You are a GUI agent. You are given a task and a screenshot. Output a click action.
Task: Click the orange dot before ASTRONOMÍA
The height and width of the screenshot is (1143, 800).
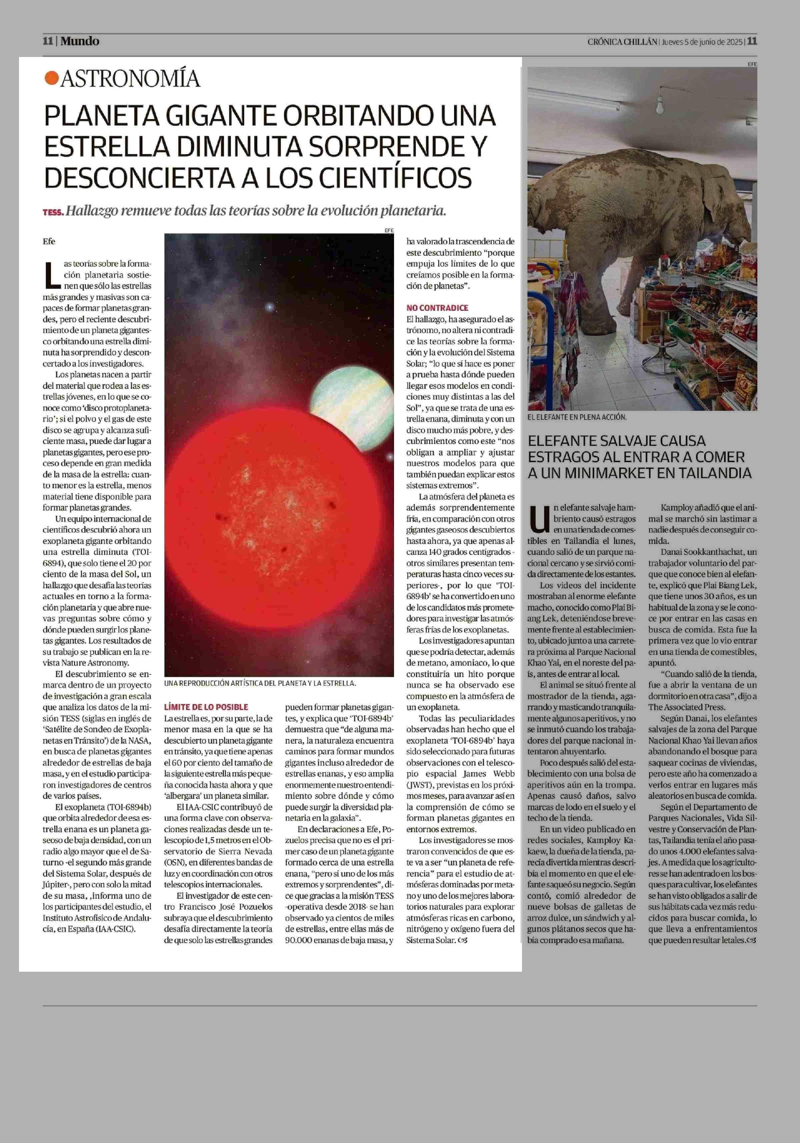(x=51, y=78)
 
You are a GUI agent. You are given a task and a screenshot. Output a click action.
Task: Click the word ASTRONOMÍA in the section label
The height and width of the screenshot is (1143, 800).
(x=130, y=79)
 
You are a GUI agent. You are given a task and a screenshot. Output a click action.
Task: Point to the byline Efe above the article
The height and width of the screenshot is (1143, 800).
(x=49, y=242)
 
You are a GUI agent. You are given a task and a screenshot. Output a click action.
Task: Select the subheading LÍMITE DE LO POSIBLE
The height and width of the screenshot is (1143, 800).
(x=206, y=706)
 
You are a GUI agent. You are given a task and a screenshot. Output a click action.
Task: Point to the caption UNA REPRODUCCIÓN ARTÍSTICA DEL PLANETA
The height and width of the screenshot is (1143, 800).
(x=260, y=683)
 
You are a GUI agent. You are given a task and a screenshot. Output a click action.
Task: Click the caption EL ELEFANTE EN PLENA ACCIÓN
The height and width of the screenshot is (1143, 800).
(x=577, y=417)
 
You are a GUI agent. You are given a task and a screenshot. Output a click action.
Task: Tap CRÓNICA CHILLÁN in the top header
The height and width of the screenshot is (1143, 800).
(x=622, y=42)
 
